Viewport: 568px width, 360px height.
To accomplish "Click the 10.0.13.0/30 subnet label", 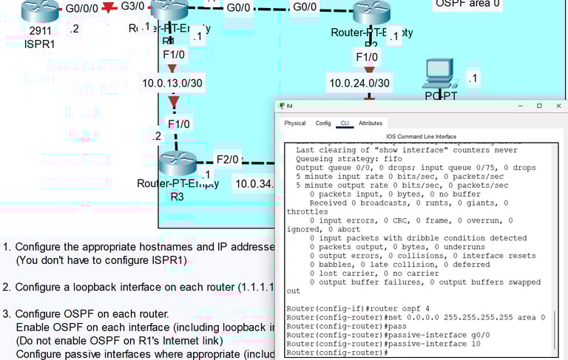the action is coord(172,83).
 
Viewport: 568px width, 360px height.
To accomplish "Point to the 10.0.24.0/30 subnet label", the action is coord(359,83).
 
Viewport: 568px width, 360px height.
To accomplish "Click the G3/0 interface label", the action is coord(132,7).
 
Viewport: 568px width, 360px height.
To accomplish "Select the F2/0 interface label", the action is coord(227,159).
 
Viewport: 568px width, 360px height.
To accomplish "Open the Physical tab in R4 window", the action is coord(294,123).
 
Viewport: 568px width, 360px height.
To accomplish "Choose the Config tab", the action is coord(323,123).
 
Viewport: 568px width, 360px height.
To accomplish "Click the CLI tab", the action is coord(345,123).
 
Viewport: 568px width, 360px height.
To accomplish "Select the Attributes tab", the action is coord(371,123).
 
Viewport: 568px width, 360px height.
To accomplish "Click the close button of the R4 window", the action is coord(559,106).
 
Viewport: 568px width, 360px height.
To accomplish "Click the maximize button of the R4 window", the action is coord(539,106).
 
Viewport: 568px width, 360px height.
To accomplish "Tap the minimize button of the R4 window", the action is coord(519,106).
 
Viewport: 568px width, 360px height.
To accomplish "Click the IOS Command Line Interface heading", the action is coord(422,137).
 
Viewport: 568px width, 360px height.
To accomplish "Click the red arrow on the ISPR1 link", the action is coord(109,7).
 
